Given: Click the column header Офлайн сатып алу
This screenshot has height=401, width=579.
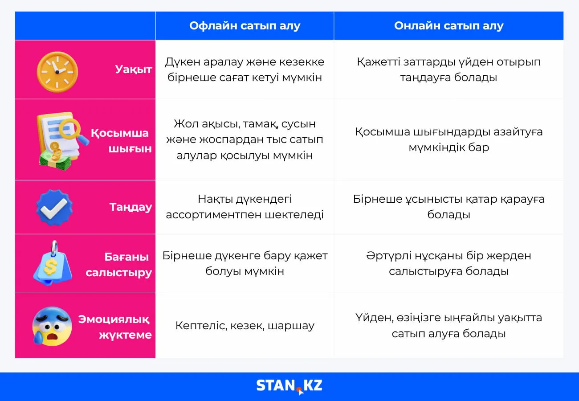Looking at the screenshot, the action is tap(245, 25).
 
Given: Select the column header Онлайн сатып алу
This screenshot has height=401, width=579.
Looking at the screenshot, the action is tap(449, 25).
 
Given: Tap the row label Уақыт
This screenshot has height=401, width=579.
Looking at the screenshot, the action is tap(133, 70).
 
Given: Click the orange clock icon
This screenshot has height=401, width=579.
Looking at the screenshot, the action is tap(57, 72).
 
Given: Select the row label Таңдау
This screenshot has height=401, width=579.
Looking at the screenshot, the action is tap(131, 207).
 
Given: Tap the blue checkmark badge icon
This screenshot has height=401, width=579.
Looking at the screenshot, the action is tap(54, 207).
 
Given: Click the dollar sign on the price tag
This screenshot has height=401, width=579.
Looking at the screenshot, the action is tap(51, 267).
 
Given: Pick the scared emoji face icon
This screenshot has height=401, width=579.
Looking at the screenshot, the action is tap(52, 326).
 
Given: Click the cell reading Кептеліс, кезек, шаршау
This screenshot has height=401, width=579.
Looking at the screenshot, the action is tap(245, 326).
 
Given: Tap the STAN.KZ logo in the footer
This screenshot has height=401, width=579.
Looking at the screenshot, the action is tap(289, 386).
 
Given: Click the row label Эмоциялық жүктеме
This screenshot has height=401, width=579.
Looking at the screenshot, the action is tap(115, 327).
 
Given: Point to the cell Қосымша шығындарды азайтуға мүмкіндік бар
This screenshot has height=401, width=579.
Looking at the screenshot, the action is tap(449, 139).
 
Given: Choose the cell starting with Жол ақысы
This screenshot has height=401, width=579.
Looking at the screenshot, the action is tap(245, 139).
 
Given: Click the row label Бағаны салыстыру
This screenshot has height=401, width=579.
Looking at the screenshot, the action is tap(118, 265).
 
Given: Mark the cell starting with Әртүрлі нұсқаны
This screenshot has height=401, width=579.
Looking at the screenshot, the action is tap(449, 263).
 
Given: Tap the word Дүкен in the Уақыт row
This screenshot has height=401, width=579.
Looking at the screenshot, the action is tap(182, 62).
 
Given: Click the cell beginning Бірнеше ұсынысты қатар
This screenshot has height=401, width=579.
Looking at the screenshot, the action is tap(449, 207).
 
